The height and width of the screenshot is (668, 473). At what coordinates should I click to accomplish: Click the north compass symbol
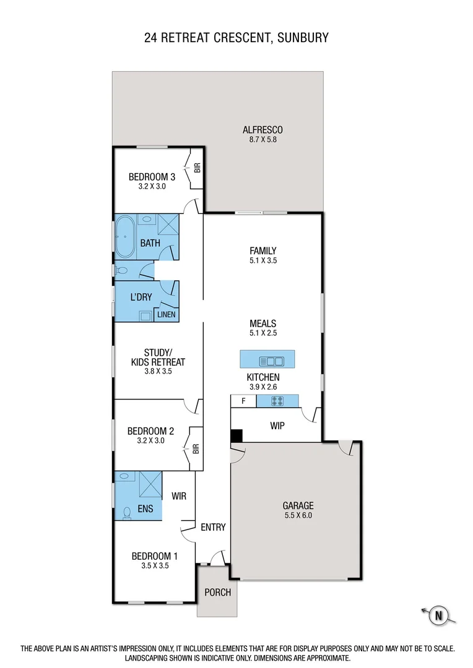(x=439, y=615)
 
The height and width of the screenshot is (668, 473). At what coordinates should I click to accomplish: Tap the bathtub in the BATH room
(x=126, y=236)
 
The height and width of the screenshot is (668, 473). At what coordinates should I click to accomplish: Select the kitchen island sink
(x=272, y=360)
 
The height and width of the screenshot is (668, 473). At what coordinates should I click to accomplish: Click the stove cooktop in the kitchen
(x=278, y=401)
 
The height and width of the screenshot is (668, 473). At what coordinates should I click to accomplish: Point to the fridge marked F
(x=243, y=401)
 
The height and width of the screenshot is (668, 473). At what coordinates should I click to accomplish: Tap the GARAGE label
(x=298, y=505)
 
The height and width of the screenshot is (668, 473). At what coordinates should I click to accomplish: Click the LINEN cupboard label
(x=166, y=315)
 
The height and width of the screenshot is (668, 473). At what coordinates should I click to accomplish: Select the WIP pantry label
(x=277, y=426)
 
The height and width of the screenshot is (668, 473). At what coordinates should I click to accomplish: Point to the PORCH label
(x=217, y=592)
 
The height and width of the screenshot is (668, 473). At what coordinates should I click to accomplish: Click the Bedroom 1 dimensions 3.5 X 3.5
(x=150, y=565)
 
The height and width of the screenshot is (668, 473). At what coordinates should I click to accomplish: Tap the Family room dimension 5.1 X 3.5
(x=263, y=260)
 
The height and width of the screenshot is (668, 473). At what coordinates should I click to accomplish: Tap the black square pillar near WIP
(x=236, y=436)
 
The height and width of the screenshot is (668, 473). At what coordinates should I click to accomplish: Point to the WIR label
(x=178, y=496)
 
